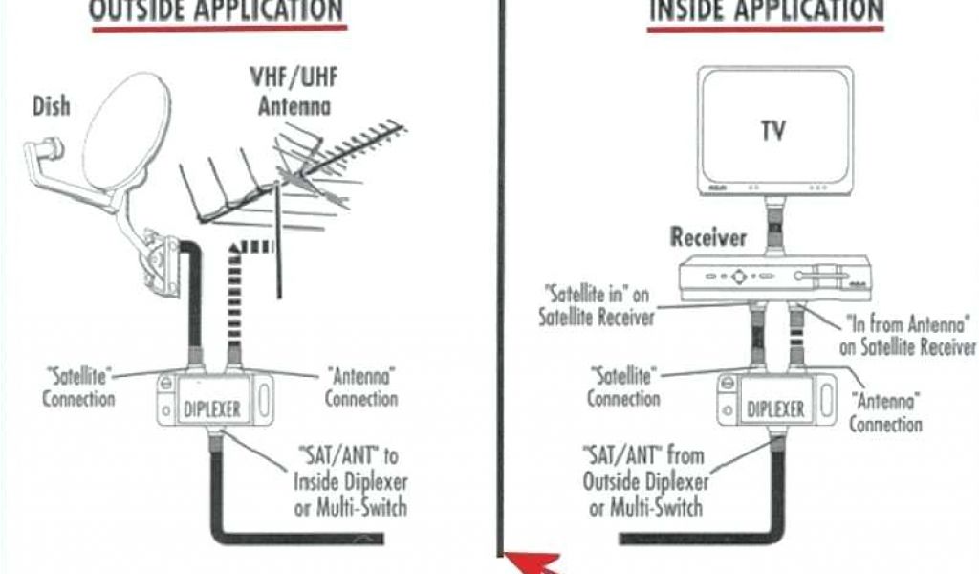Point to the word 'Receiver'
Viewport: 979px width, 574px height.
[x=707, y=237]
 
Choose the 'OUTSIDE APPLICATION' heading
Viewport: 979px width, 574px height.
[x=215, y=11]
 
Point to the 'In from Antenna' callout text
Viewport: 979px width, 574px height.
[x=908, y=336]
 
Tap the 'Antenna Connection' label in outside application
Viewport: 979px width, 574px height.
[x=360, y=385]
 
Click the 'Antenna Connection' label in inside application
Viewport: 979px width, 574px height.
[x=885, y=410]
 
